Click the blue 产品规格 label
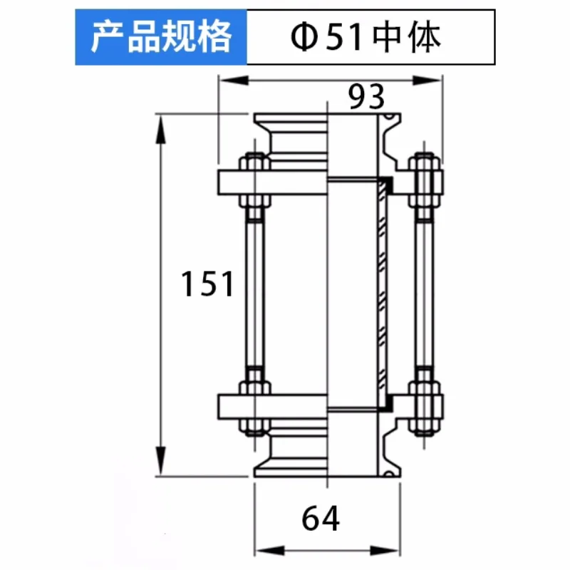coord(161,37)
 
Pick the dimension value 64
coord(320,519)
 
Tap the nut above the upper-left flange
coord(254,162)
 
